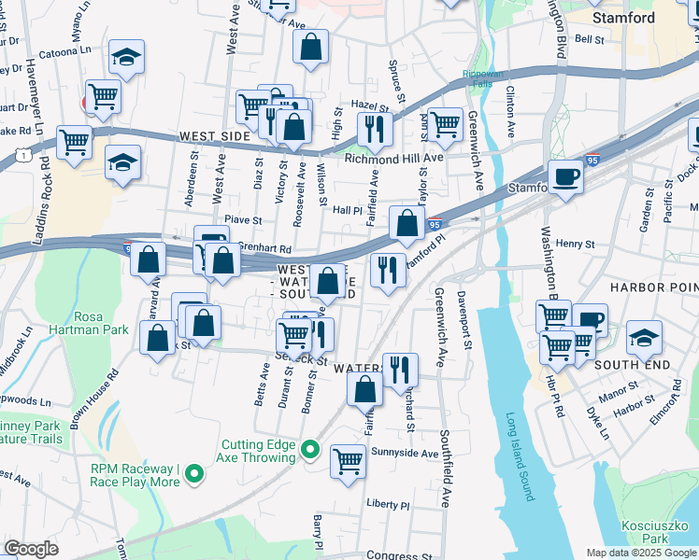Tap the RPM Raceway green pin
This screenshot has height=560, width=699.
[x=194, y=475]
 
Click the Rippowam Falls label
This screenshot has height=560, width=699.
[x=486, y=80]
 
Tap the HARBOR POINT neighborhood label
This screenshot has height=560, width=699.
[x=653, y=287]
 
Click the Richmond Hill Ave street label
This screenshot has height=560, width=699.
[x=393, y=159]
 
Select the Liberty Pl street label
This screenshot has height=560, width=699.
[x=388, y=504]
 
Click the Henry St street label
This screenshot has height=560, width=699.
[x=575, y=244]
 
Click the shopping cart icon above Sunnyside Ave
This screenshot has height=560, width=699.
[x=349, y=459]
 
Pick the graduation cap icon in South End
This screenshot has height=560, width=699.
[x=644, y=336]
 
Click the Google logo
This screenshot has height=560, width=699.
[x=32, y=548]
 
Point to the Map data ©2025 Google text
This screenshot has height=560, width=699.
[x=640, y=553]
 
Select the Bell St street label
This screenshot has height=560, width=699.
[x=590, y=39]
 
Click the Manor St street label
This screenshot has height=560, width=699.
[x=619, y=384]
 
